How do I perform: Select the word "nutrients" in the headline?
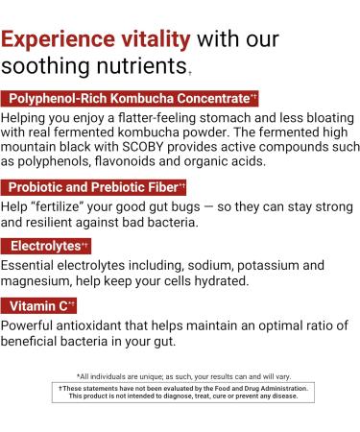[x=133, y=68]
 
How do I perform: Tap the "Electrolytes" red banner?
[x=46, y=246]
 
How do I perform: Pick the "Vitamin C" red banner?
[x=41, y=305]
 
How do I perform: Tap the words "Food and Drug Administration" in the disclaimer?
[x=258, y=387]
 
